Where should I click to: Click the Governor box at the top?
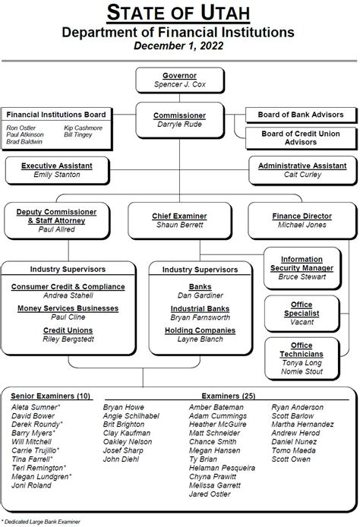pyautogui.click(x=179, y=80)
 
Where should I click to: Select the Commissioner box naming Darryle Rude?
pyautogui.click(x=179, y=119)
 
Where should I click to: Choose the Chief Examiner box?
pyautogui.click(x=179, y=220)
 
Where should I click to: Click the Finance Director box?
pyautogui.click(x=302, y=220)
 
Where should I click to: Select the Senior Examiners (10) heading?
pyautogui.click(x=51, y=396)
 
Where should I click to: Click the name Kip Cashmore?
pyautogui.click(x=89, y=128)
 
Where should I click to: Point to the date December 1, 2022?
pyautogui.click(x=179, y=46)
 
